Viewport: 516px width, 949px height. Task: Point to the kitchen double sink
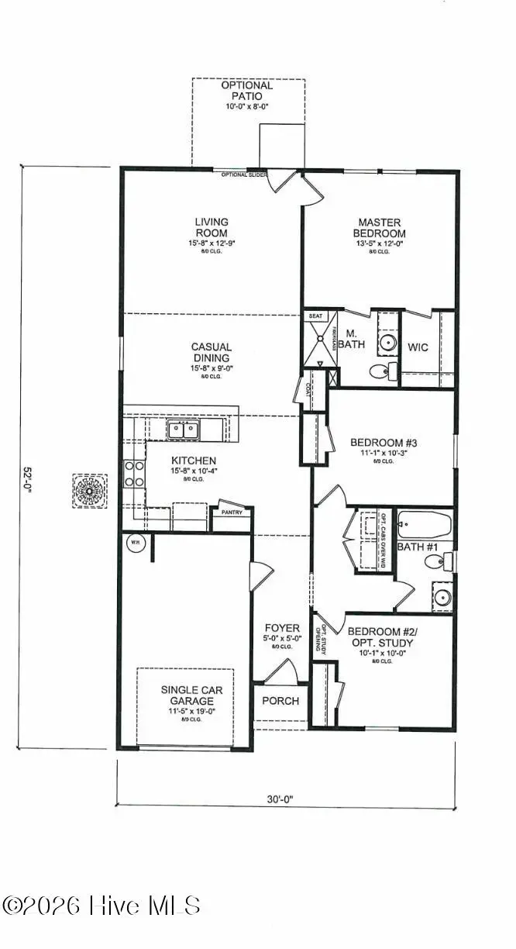pos(184,429)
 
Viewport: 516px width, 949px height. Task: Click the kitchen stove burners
pos(133,474)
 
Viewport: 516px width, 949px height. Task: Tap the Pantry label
pos(232,512)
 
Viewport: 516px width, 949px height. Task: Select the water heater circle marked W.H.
pos(134,542)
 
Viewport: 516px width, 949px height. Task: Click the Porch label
pos(280,701)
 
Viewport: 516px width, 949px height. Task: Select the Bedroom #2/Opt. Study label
pos(380,637)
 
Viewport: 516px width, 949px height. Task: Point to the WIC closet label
pos(418,347)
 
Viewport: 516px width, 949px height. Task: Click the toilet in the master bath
pos(377,371)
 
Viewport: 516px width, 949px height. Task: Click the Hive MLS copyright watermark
pos(101,906)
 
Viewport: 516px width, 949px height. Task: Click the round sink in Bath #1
pos(442,597)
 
